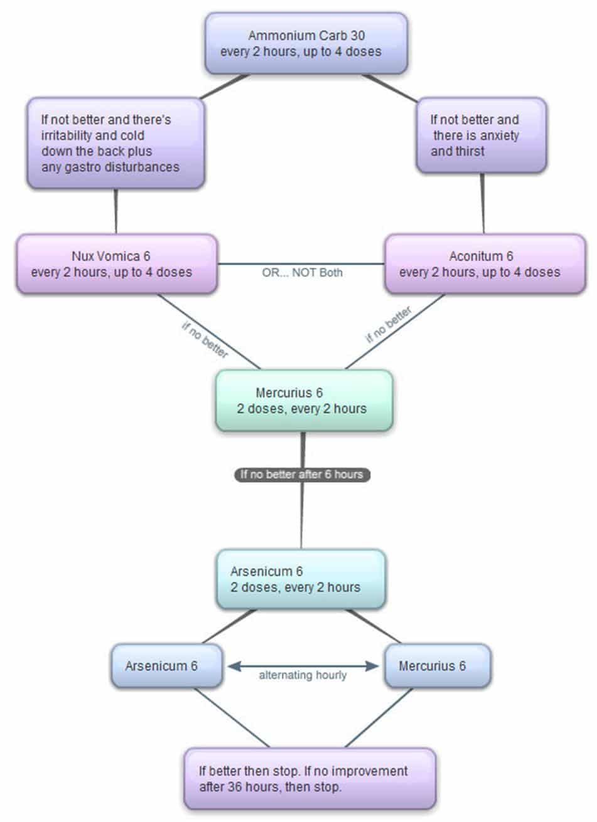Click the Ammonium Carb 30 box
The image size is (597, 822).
pyautogui.click(x=306, y=43)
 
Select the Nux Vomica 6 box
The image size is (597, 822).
pyautogui.click(x=117, y=264)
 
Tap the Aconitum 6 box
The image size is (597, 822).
pyautogui.click(x=485, y=264)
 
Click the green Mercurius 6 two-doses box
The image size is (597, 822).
pyautogui.click(x=304, y=401)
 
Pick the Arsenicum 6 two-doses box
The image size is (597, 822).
pyautogui.click(x=300, y=579)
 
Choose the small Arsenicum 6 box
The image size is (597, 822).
pyautogui.click(x=167, y=666)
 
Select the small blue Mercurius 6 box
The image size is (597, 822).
pyautogui.click(x=437, y=666)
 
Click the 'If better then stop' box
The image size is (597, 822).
pyautogui.click(x=309, y=779)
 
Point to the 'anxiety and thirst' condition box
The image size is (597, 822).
pyautogui.click(x=481, y=135)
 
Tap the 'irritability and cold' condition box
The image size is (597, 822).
pyautogui.click(x=116, y=143)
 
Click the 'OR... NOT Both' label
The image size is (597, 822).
pyautogui.click(x=302, y=273)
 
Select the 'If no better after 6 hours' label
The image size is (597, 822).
pyautogui.click(x=302, y=475)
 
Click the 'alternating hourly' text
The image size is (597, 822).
pyautogui.click(x=303, y=676)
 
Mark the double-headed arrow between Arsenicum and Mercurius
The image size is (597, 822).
pyautogui.click(x=303, y=666)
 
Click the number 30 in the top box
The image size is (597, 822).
pyautogui.click(x=358, y=36)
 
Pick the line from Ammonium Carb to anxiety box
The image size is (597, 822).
pyautogui.click(x=389, y=88)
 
